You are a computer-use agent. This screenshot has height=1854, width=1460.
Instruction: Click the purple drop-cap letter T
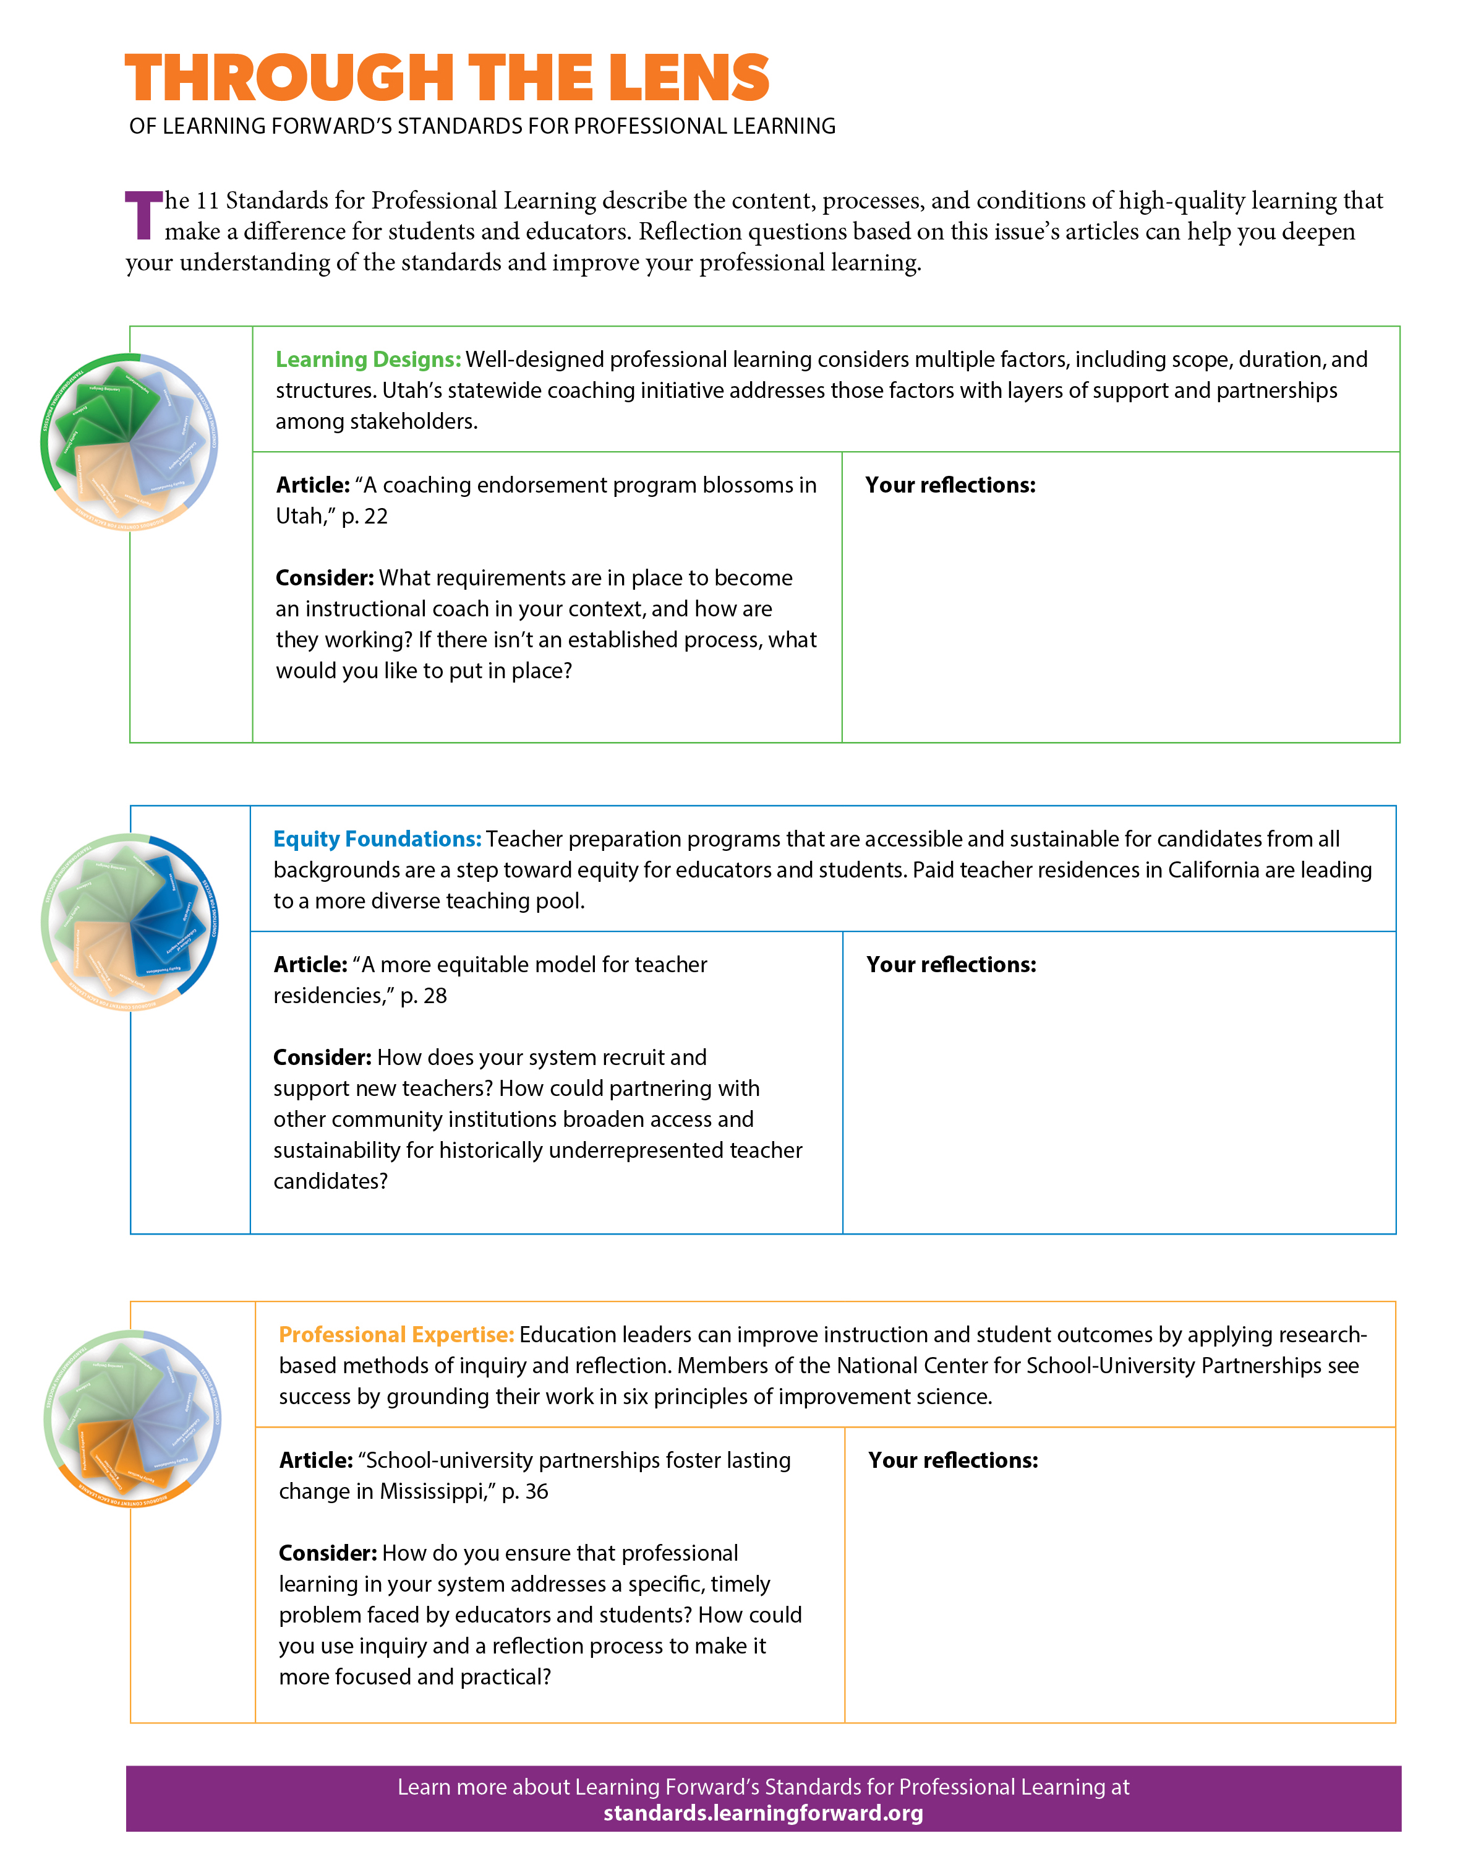click(x=143, y=215)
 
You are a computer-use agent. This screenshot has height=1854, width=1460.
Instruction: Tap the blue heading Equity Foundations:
click(x=377, y=839)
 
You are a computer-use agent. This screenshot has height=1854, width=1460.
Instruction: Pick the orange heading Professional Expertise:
click(x=396, y=1335)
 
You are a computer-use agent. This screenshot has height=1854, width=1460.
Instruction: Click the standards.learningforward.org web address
click(x=762, y=1813)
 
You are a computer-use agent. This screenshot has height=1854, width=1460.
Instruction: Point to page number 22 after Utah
click(x=376, y=517)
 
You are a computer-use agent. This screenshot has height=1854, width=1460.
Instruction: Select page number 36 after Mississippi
click(x=536, y=1491)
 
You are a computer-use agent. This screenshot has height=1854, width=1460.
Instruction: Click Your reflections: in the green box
click(x=950, y=485)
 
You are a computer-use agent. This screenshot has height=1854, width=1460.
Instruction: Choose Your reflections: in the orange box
click(x=952, y=1460)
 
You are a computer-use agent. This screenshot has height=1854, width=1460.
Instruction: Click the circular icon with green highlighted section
click(x=130, y=442)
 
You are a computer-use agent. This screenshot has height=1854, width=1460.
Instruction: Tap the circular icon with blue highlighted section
click(x=130, y=922)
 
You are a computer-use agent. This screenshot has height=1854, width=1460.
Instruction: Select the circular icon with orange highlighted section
click(x=132, y=1418)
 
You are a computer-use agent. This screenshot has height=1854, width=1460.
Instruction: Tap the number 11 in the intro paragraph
click(x=208, y=201)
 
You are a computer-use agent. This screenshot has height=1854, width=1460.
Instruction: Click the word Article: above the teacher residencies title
click(x=309, y=965)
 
